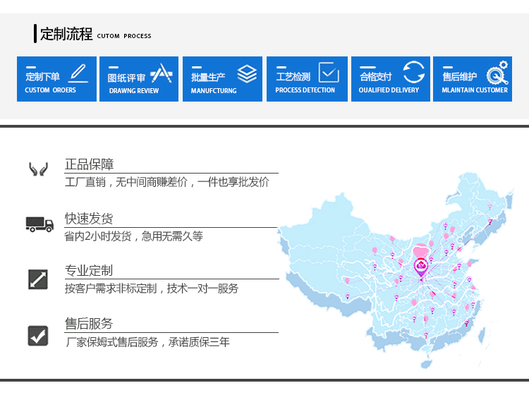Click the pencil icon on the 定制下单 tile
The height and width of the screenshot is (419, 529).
pyautogui.click(x=78, y=73)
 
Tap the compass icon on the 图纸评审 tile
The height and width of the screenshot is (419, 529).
pyautogui.click(x=162, y=73)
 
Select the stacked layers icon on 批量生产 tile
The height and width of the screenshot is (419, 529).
pyautogui.click(x=247, y=74)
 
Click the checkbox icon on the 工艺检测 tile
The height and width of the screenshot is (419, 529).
pyautogui.click(x=329, y=72)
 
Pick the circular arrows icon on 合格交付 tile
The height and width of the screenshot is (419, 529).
pyautogui.click(x=413, y=72)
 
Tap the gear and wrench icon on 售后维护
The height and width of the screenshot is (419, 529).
pyautogui.click(x=497, y=73)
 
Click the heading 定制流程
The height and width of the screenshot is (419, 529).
pyautogui.click(x=66, y=34)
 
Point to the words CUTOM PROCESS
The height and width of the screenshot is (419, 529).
pyautogui.click(x=124, y=36)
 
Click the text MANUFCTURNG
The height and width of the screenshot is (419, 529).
pyautogui.click(x=214, y=91)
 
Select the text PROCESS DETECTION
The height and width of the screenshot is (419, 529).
pyautogui.click(x=305, y=90)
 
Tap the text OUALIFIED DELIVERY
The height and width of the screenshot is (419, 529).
pyautogui.click(x=389, y=90)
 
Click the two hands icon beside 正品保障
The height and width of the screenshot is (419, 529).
pyautogui.click(x=38, y=169)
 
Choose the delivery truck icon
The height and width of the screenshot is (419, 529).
pyautogui.click(x=39, y=224)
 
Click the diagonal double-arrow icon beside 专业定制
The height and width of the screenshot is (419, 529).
pyautogui.click(x=38, y=279)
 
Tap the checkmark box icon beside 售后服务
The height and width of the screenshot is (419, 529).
pyautogui.click(x=38, y=336)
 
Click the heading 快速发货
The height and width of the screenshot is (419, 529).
pyautogui.click(x=89, y=219)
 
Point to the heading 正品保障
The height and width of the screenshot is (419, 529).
pyautogui.click(x=89, y=164)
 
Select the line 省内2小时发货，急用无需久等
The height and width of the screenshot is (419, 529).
pyautogui.click(x=133, y=236)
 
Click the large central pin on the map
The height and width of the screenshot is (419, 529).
pyautogui.click(x=421, y=267)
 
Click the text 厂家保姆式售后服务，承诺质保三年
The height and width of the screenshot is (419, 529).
pyautogui.click(x=148, y=342)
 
